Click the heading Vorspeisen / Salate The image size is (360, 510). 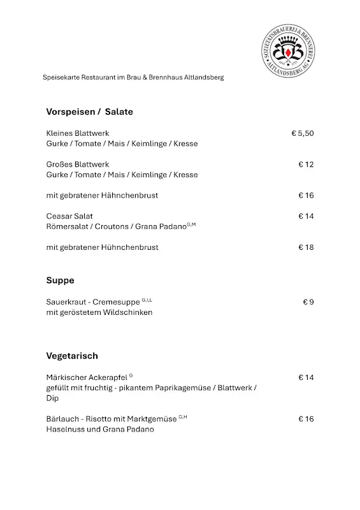[89, 112]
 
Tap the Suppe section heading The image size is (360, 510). [60, 280]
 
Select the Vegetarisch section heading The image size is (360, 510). [72, 356]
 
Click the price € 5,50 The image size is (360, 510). [303, 133]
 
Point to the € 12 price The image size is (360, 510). [306, 164]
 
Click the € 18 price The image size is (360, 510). [306, 247]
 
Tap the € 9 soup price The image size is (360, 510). [308, 302]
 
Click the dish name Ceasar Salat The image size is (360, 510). [69, 216]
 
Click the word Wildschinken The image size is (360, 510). [129, 312]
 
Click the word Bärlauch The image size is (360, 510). [62, 419]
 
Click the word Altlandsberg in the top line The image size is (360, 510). [202, 78]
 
